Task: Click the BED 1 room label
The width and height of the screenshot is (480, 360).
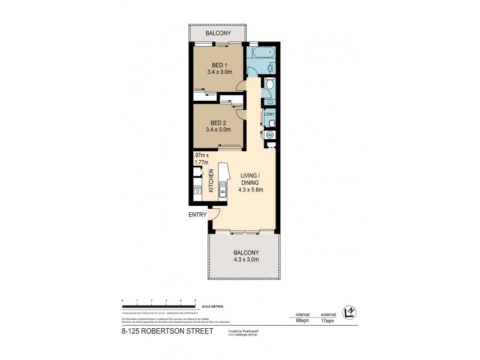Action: (x=218, y=65)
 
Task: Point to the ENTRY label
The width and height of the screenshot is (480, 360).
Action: (x=197, y=215)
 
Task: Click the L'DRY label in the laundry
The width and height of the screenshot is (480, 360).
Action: (x=269, y=114)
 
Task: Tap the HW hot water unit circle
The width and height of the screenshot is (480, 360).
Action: (x=269, y=136)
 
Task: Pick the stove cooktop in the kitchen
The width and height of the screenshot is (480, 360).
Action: (x=197, y=191)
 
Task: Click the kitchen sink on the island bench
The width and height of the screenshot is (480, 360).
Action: (x=222, y=192)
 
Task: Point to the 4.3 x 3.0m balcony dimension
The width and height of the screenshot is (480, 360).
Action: (x=246, y=260)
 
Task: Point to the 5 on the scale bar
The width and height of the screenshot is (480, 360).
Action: (x=195, y=299)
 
